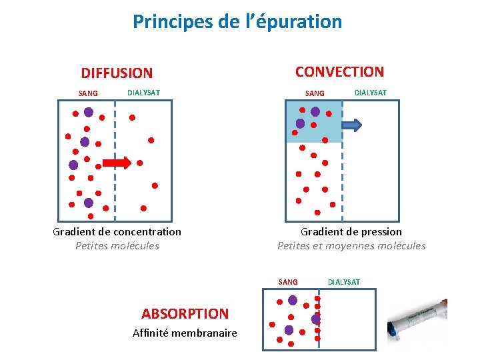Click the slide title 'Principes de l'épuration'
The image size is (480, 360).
click(x=237, y=22)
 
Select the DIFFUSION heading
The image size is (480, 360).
click(x=117, y=73)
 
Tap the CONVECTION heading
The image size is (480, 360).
click(x=339, y=71)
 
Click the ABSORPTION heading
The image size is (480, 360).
click(x=185, y=313)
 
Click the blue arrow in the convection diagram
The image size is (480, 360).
click(x=352, y=124)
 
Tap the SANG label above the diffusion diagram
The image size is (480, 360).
click(x=88, y=93)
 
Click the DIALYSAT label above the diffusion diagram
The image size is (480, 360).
click(x=143, y=92)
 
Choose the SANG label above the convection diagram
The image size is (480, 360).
click(x=315, y=93)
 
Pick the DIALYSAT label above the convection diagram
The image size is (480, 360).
click(x=370, y=92)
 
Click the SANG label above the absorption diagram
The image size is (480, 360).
click(x=288, y=282)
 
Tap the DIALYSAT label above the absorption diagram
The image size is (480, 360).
click(x=344, y=282)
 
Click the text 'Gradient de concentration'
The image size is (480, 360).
click(x=117, y=231)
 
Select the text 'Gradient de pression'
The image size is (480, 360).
click(x=351, y=231)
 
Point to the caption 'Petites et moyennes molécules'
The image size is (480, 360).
click(x=351, y=245)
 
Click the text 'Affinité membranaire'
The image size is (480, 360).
click(x=185, y=333)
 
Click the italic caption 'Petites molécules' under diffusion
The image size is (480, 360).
click(x=117, y=245)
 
